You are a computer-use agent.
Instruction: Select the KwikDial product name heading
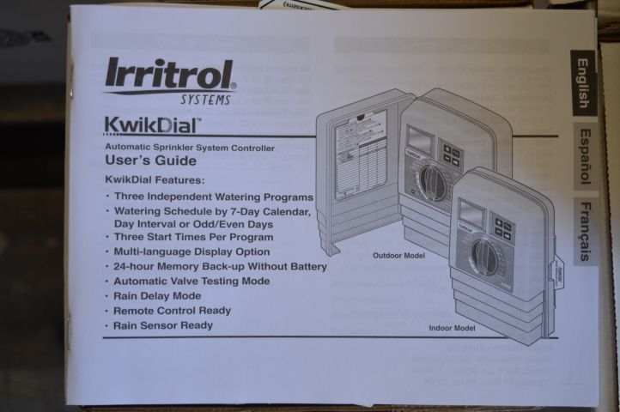pos(152,124)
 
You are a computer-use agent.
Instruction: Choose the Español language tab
pos(583,156)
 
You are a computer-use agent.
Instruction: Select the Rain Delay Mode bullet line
pos(158,296)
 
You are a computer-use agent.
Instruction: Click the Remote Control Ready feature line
pos(173,311)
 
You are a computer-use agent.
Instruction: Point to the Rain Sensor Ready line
pos(163,326)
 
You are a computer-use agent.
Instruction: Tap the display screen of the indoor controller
pos(471,213)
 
